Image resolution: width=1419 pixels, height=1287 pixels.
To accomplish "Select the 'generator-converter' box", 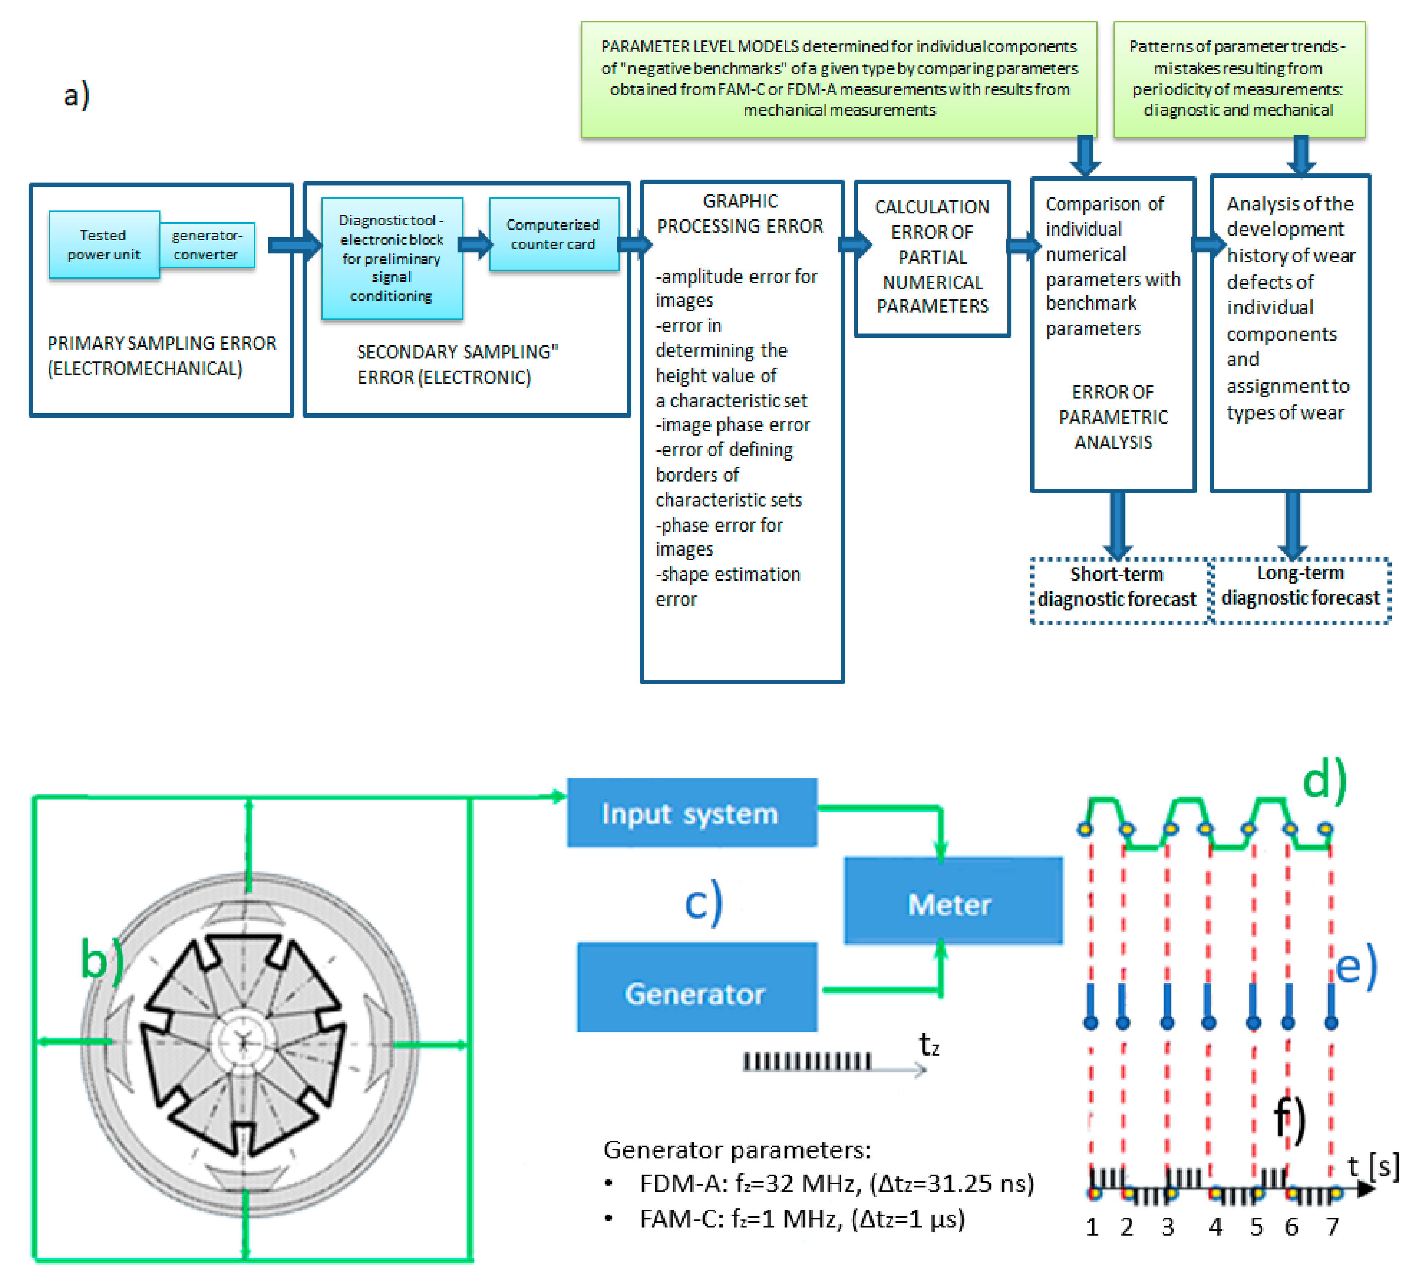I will [x=206, y=244].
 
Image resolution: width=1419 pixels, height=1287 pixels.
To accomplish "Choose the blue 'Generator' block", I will [x=696, y=993].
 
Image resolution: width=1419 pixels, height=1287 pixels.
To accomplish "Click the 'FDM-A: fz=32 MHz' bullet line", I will [x=835, y=1183].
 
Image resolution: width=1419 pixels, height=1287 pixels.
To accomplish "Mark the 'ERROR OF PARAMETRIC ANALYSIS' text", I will [x=1113, y=417].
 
